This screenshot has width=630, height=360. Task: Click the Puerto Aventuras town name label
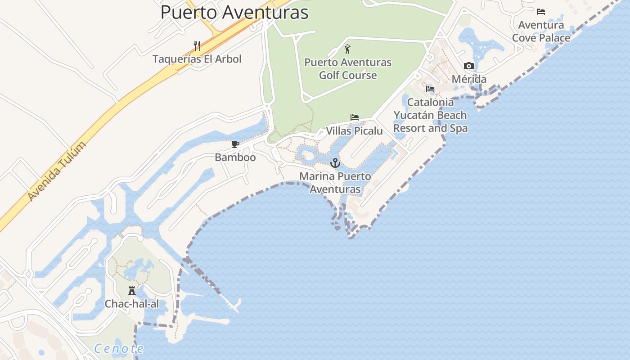point(234,12)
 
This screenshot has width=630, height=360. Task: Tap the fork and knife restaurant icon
point(197,45)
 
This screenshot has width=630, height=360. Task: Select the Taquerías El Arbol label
point(197,59)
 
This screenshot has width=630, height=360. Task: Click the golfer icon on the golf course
point(347,49)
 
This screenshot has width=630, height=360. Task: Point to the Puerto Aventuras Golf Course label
point(348,68)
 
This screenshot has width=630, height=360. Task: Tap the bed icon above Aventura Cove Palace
point(541,12)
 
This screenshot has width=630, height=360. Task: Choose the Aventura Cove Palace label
point(541,31)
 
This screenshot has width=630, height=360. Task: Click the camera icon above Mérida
point(469,66)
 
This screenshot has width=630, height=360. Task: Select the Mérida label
point(469,79)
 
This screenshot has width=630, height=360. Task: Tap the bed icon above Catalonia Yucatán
point(430,89)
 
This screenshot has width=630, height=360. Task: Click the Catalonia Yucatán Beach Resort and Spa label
point(431,115)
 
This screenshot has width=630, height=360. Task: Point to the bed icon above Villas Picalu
point(355,118)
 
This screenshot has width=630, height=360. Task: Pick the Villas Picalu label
point(354,131)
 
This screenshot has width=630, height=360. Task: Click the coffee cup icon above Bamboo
point(235,144)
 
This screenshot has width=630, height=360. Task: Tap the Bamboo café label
point(235,157)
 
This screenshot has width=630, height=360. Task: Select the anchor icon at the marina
point(335,163)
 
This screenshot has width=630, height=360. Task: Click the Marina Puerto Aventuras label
point(335,182)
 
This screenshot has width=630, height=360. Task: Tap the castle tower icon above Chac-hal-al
point(132,291)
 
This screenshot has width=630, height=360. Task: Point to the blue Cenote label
point(119,348)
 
